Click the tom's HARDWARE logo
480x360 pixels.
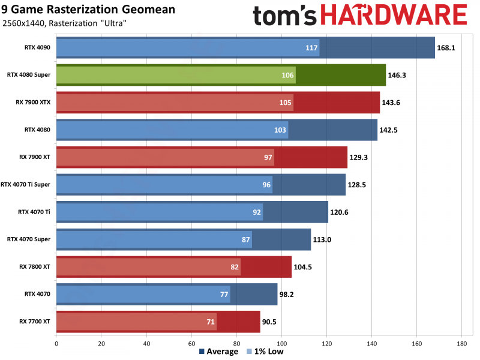coord(359,16)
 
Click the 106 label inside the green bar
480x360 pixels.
coord(287,75)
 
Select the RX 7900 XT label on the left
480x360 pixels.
coord(35,157)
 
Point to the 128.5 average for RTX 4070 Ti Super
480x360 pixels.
coord(358,185)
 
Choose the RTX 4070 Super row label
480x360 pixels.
coord(29,239)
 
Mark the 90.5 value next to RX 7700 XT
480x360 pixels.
coord(272,322)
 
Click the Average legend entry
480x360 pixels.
coord(218,352)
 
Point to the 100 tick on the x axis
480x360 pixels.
coord(281,344)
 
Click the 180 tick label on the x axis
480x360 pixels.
coord(461,344)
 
